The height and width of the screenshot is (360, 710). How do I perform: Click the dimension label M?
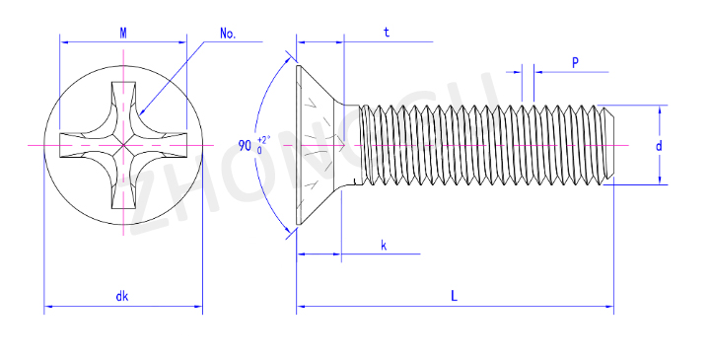(x=123, y=34)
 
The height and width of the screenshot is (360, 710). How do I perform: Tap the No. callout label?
(x=228, y=34)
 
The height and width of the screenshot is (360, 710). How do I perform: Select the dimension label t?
(x=387, y=33)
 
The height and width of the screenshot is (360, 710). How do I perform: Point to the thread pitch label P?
(x=575, y=62)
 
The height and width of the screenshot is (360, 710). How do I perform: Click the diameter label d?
(x=659, y=145)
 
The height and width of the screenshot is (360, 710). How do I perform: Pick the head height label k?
(x=384, y=246)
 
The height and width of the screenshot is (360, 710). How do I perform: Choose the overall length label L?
(x=455, y=296)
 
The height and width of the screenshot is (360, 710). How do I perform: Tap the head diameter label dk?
(x=122, y=296)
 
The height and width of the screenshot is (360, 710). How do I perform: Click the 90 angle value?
(x=245, y=146)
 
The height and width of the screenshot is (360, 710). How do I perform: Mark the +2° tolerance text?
(x=263, y=139)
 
